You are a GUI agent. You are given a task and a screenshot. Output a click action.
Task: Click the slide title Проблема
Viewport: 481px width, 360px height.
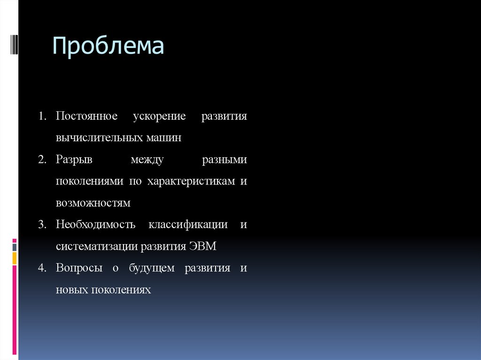pos(108,47)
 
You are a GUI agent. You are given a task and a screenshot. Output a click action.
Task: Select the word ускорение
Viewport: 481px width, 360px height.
pos(159,116)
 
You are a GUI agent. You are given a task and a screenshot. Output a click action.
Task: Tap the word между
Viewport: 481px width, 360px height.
pos(147,160)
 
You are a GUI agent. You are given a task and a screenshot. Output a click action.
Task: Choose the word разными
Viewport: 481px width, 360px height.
pos(224,160)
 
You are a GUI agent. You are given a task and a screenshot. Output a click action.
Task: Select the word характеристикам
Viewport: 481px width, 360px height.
pos(191,182)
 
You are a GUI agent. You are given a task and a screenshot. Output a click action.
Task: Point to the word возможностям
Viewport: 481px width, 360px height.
pos(93,203)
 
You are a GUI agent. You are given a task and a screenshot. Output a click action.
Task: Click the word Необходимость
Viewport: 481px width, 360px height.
pos(95,225)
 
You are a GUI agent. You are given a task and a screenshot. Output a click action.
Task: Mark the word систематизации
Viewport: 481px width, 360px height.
pos(96,246)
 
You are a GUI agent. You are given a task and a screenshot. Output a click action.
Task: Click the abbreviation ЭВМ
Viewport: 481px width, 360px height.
pos(202,246)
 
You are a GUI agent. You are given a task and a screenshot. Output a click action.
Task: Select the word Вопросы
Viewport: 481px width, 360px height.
pos(79,268)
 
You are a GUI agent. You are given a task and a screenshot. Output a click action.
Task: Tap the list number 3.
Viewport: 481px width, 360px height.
pos(42,225)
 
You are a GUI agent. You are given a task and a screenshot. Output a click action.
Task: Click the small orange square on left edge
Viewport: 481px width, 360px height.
pos(15,258)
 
